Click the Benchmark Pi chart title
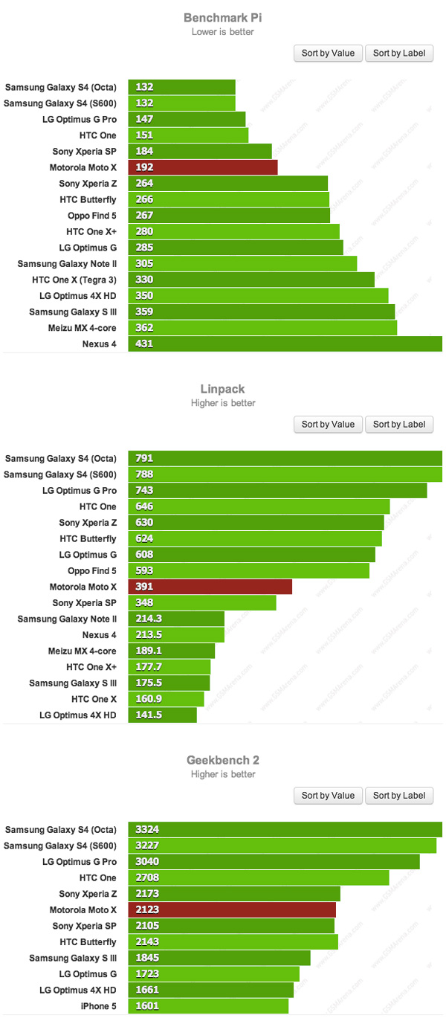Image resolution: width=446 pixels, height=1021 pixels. coord(222,18)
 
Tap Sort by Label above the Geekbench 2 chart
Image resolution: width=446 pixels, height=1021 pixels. coord(398,796)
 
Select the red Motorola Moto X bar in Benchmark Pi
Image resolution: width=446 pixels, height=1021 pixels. coord(202,167)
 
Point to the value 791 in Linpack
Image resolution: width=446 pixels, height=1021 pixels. coord(144,458)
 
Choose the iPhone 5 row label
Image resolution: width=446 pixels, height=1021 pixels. coord(95,1006)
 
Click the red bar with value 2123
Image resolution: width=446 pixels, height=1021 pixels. coord(232,909)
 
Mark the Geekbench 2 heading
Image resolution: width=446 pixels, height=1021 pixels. coord(222,761)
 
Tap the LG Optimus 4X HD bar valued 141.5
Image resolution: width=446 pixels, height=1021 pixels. coord(162,715)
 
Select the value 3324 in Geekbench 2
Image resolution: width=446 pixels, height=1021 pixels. coord(147,829)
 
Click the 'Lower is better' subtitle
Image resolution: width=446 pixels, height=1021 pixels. coord(222,32)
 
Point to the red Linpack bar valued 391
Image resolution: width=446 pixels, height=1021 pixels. coord(210,587)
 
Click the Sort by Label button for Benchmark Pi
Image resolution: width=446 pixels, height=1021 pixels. coord(398,53)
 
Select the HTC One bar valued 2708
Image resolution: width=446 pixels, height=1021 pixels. coord(259,877)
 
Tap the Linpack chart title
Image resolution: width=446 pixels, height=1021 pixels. coord(222,389)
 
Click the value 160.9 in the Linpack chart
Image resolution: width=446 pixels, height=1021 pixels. coord(149,699)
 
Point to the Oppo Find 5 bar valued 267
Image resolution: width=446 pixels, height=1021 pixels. coord(229,215)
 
